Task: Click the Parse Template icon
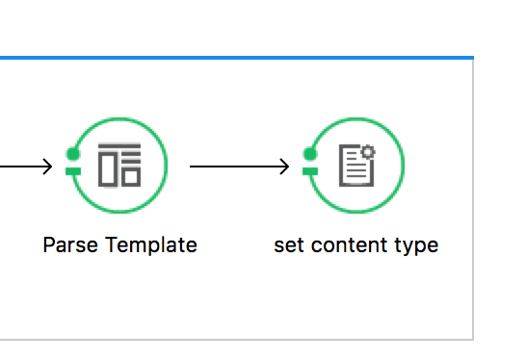click(x=119, y=165)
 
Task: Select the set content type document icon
click(x=356, y=166)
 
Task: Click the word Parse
click(x=70, y=244)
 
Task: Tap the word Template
click(x=151, y=245)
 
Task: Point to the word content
click(x=349, y=245)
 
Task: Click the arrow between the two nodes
click(x=239, y=167)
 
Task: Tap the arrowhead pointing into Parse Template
click(x=47, y=167)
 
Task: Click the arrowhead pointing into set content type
click(x=284, y=167)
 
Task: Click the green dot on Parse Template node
click(x=73, y=154)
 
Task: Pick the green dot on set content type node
click(x=310, y=154)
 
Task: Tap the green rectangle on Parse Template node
click(x=73, y=171)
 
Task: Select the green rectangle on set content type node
click(x=310, y=171)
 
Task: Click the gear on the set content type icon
click(x=368, y=152)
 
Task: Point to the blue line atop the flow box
click(x=237, y=58)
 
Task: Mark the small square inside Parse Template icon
click(x=131, y=177)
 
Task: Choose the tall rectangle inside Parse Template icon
click(x=108, y=169)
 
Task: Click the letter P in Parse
click(x=49, y=244)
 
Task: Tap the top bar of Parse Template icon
click(x=119, y=145)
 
